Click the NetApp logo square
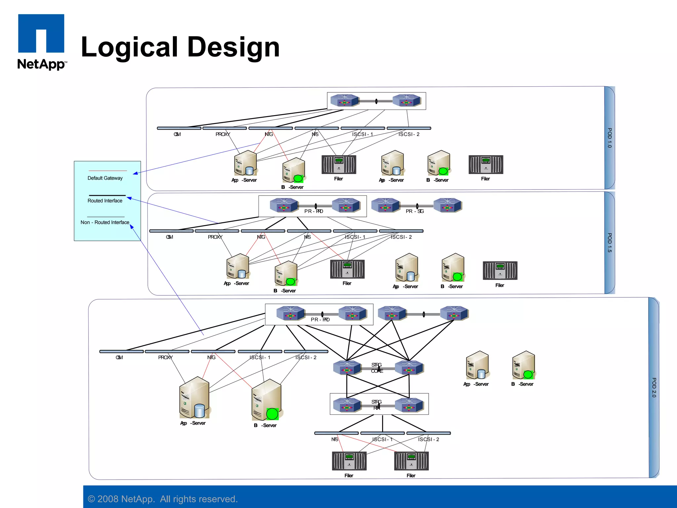tap(41, 33)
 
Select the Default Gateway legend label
tap(105, 178)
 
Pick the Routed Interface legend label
tap(105, 201)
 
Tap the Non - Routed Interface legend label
tap(105, 222)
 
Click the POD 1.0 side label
tap(610, 138)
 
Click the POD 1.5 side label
tap(610, 242)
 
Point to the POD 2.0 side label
tap(654, 387)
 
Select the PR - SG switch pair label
tap(415, 211)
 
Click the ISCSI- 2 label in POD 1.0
tap(409, 134)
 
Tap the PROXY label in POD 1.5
tap(215, 237)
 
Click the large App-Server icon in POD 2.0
tap(194, 398)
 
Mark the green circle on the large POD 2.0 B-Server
tap(272, 414)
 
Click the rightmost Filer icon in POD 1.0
tap(486, 164)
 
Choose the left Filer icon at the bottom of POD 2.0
tap(349, 461)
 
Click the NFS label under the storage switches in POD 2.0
tap(335, 439)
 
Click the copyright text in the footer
tap(163, 499)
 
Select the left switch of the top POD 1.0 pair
tap(344, 101)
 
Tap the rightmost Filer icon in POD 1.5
tap(500, 271)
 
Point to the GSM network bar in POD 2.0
tap(121, 352)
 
